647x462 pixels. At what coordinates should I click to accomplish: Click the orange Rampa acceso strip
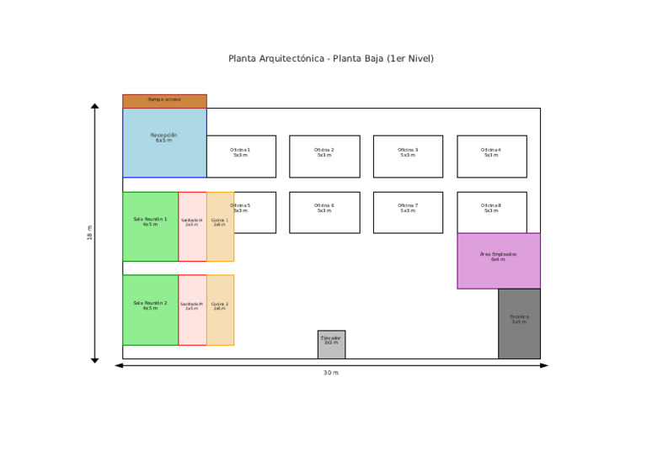point(164,101)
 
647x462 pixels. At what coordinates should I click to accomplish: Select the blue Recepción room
point(164,142)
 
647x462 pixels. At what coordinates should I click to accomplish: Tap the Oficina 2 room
point(324,157)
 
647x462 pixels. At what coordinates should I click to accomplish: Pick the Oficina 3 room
point(408,157)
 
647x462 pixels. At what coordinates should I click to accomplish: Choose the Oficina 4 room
point(491,157)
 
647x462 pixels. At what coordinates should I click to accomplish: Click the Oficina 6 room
point(324,212)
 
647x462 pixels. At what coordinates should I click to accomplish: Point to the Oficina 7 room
point(408,212)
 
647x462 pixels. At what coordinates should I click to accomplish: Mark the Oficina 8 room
point(491,212)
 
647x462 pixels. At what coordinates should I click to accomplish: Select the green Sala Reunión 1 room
point(150,226)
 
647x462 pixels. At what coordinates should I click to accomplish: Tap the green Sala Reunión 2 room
point(150,310)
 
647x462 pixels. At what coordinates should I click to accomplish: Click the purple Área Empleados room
point(499,261)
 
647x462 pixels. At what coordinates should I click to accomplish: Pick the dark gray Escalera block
point(519,324)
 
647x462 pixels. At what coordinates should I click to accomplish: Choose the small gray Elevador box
point(331,344)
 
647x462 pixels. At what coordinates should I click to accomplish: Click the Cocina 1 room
point(220,226)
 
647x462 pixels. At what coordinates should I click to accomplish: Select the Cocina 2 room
point(220,310)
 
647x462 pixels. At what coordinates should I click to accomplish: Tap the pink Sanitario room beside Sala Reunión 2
point(192,310)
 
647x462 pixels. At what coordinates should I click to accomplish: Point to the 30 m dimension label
point(331,373)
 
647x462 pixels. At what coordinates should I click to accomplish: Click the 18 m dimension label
point(89,233)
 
